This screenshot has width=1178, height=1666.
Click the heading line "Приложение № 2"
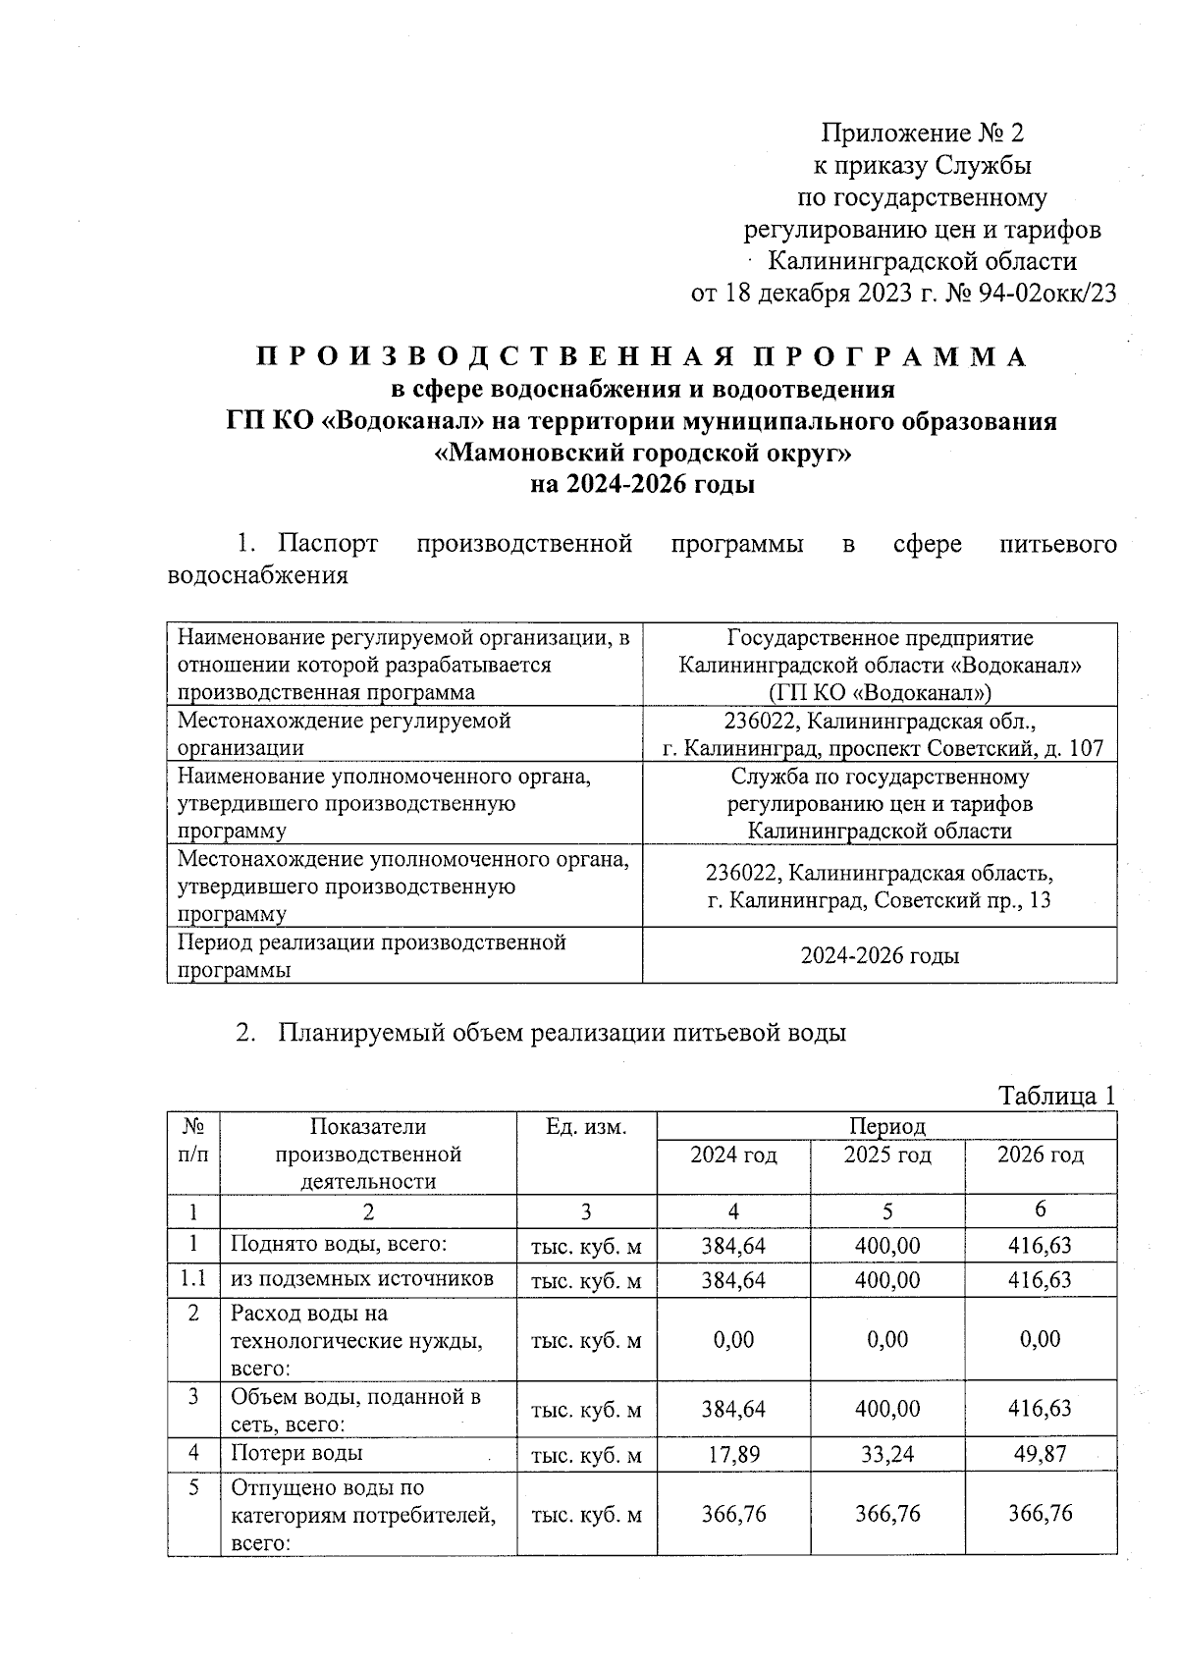(x=922, y=133)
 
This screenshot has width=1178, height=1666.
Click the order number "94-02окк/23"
(x=1047, y=294)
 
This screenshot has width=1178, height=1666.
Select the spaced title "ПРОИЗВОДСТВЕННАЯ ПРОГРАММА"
(x=642, y=356)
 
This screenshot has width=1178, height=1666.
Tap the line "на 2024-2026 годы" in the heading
(x=642, y=484)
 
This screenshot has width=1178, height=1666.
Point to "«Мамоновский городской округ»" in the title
(x=642, y=453)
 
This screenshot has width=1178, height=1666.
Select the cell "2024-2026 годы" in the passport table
(x=881, y=955)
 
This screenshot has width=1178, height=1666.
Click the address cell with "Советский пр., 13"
(x=881, y=886)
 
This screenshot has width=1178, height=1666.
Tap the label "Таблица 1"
(x=1056, y=1095)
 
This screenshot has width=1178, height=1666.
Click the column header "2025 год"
(x=887, y=1155)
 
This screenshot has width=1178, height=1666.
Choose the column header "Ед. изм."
(x=585, y=1127)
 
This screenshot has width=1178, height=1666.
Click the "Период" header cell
(x=886, y=1125)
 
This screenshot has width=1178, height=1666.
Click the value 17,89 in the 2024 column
(x=733, y=1454)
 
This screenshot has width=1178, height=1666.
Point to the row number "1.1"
(x=193, y=1278)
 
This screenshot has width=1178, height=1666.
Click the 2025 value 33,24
(x=887, y=1454)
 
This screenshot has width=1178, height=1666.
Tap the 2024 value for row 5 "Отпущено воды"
(x=733, y=1513)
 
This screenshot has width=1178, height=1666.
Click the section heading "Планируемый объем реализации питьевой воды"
(x=562, y=1033)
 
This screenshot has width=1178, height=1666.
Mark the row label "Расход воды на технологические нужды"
(x=357, y=1340)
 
